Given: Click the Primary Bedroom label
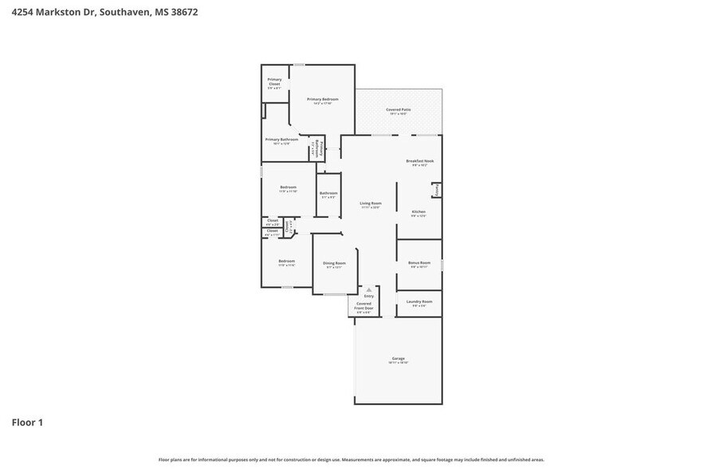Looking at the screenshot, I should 323,99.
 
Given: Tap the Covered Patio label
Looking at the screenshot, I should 399,109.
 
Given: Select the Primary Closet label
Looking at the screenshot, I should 274,81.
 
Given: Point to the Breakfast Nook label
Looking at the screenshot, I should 419,161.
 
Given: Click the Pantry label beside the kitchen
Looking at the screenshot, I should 437,190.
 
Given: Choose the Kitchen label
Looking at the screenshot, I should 418,211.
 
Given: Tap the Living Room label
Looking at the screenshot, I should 371,203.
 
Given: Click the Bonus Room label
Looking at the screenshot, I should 419,262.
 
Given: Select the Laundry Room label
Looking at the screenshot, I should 419,301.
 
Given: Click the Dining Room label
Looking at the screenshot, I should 334,263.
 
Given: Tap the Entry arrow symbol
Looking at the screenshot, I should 368,290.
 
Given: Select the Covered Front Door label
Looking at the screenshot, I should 363,305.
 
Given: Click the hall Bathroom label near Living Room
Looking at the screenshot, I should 328,193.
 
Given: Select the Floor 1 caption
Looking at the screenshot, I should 27,422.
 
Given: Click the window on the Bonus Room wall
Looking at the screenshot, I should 442,264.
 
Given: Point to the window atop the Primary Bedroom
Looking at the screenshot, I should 298,65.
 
